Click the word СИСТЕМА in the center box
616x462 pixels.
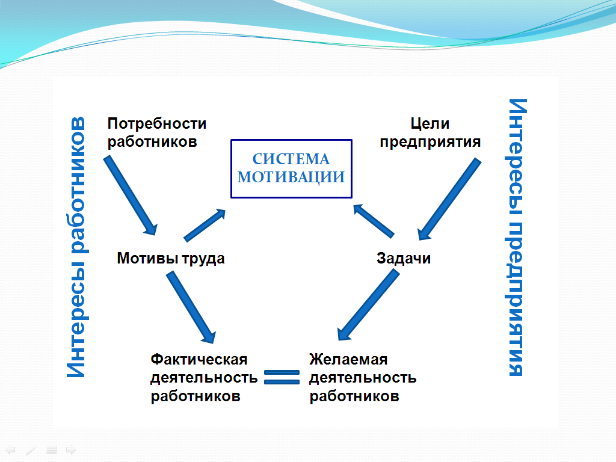(291, 159)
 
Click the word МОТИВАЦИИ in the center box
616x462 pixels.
(291, 177)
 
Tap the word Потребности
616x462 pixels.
(157, 123)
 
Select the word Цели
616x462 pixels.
(430, 123)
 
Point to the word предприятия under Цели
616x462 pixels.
(430, 142)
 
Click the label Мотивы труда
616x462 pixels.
(171, 259)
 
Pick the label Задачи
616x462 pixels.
(404, 259)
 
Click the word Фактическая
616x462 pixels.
(199, 359)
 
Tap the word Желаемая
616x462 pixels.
(348, 359)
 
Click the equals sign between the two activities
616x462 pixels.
(282, 377)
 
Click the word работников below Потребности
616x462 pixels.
(152, 142)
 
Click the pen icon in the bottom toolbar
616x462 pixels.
(31, 449)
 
